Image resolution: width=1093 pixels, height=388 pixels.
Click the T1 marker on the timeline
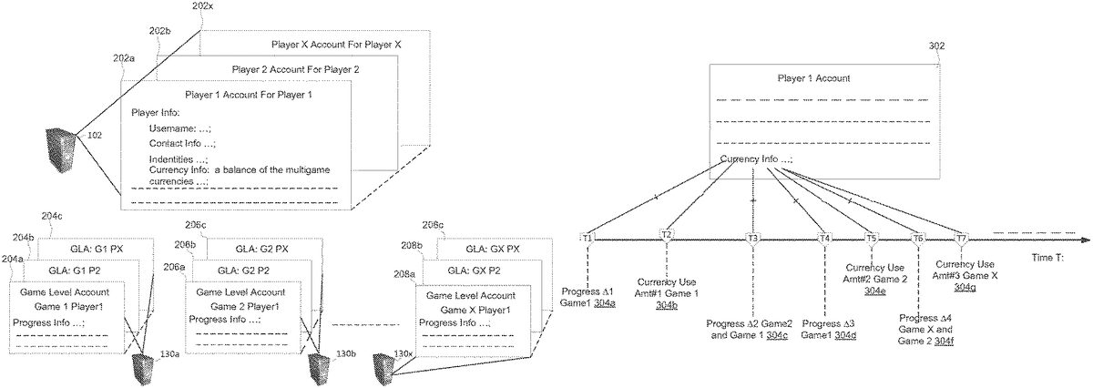(587, 237)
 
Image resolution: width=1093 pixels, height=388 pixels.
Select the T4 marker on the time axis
(825, 238)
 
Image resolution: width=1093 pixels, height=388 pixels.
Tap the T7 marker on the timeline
(961, 238)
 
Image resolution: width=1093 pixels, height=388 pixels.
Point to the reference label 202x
(204, 7)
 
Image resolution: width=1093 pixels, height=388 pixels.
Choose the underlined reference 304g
(965, 287)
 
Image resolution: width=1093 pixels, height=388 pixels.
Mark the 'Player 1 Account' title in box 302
(813, 78)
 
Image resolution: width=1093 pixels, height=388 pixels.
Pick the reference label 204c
(52, 216)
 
